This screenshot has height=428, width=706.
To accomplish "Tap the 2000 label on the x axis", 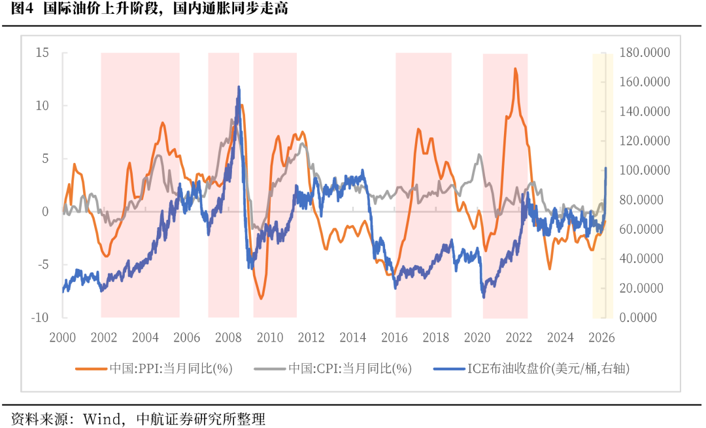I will coord(63,338).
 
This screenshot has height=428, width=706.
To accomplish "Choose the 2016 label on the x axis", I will coord(394,338).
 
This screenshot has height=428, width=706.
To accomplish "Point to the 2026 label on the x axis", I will coord(601,338).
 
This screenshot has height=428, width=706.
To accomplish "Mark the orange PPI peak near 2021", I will coord(516,69).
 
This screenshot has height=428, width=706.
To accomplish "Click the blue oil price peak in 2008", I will coord(239,86).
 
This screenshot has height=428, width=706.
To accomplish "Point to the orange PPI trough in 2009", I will coord(261,298).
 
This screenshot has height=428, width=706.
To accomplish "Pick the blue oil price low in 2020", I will coord(484,298).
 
